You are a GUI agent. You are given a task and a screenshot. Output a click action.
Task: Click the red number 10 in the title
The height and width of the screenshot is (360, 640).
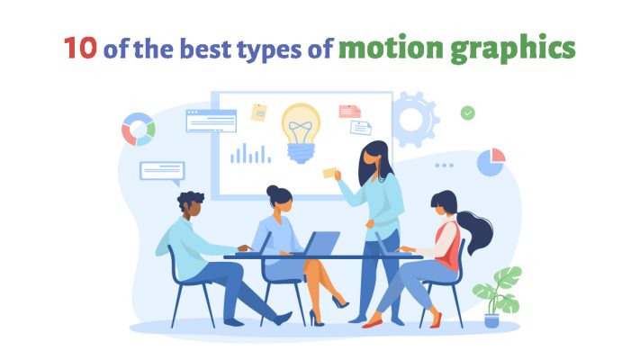tap(80, 47)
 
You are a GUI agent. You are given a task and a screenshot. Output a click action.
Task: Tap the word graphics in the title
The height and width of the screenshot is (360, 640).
tap(516, 49)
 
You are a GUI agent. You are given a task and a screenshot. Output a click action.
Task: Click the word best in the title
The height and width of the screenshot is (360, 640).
tap(209, 48)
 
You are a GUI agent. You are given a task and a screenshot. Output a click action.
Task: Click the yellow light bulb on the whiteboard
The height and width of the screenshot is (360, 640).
tap(300, 131)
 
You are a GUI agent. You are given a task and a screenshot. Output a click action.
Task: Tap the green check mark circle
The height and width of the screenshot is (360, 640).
tap(467, 112)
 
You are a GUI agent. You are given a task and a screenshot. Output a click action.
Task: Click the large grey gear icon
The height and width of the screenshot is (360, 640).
tap(413, 118)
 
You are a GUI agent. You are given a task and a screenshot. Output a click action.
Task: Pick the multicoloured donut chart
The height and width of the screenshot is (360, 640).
tap(139, 129)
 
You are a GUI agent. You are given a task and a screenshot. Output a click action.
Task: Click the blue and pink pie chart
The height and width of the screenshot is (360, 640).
tap(491, 162)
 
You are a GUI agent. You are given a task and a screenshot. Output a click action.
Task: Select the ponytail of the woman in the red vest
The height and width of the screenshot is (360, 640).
tap(474, 232)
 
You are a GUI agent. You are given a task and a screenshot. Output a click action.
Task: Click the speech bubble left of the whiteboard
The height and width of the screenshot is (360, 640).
tap(162, 170)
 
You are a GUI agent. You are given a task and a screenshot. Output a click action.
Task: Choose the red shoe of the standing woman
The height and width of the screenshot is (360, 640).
tap(374, 320)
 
